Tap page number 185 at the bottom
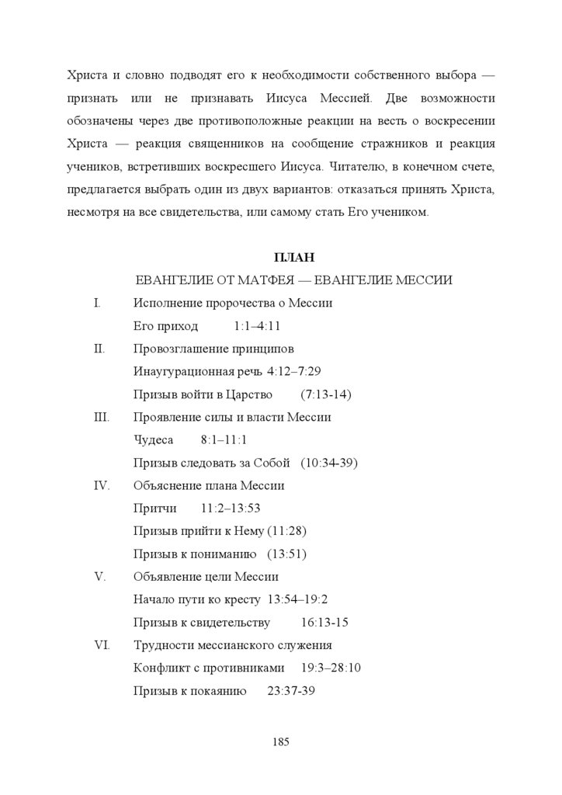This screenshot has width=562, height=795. (x=281, y=741)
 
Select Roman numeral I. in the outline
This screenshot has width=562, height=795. (x=97, y=303)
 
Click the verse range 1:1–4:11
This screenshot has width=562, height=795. (x=256, y=326)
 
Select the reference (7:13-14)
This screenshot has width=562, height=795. (x=325, y=394)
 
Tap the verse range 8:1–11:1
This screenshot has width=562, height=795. (x=224, y=440)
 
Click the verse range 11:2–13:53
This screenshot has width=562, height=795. (x=230, y=509)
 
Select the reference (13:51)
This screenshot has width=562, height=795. (x=286, y=554)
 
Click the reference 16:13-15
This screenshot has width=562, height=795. (x=324, y=623)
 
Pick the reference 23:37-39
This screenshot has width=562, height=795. (x=290, y=691)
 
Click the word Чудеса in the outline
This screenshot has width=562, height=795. (x=154, y=440)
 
